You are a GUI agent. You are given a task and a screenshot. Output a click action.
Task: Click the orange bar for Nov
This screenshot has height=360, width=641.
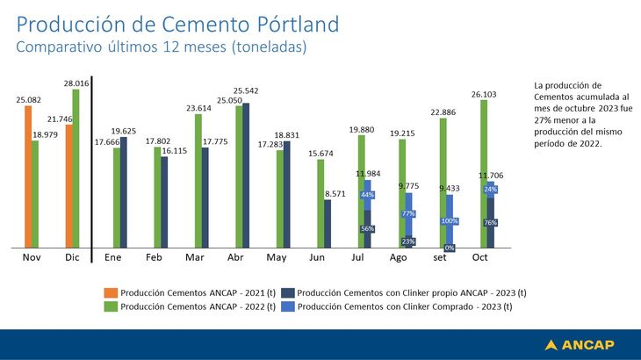28,176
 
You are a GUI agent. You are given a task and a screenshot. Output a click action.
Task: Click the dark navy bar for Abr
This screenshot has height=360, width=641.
245,176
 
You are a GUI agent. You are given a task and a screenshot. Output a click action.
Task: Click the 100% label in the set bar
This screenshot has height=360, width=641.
450,220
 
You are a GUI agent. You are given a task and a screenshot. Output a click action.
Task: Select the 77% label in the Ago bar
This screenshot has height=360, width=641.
408,213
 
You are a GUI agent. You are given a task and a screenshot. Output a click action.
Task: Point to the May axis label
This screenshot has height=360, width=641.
277,257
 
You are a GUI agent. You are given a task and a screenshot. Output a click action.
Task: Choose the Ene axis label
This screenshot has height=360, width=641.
113,257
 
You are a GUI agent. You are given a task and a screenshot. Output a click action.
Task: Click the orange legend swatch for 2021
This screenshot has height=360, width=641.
110,293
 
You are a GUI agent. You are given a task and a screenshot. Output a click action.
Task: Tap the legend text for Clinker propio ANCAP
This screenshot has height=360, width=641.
412,293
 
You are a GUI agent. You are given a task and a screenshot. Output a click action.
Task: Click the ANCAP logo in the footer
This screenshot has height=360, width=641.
580,344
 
